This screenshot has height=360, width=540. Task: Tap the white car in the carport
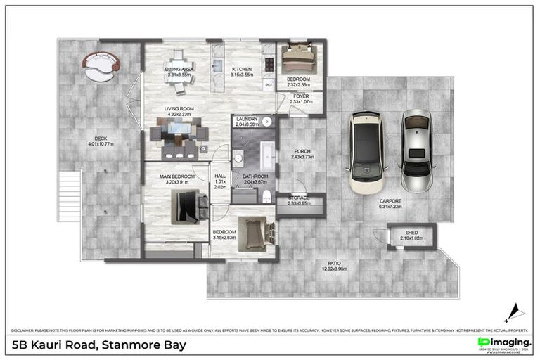point(368,152)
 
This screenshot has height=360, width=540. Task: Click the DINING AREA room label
point(179,70)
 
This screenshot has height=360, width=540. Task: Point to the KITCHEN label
point(242,70)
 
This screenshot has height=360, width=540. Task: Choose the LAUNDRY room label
point(247,120)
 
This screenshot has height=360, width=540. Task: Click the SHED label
point(411,233)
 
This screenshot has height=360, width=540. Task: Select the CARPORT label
point(390,201)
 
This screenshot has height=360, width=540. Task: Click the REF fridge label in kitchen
point(268,85)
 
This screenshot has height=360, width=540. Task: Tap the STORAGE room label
point(299,198)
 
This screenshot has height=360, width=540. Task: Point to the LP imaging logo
point(503,342)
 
